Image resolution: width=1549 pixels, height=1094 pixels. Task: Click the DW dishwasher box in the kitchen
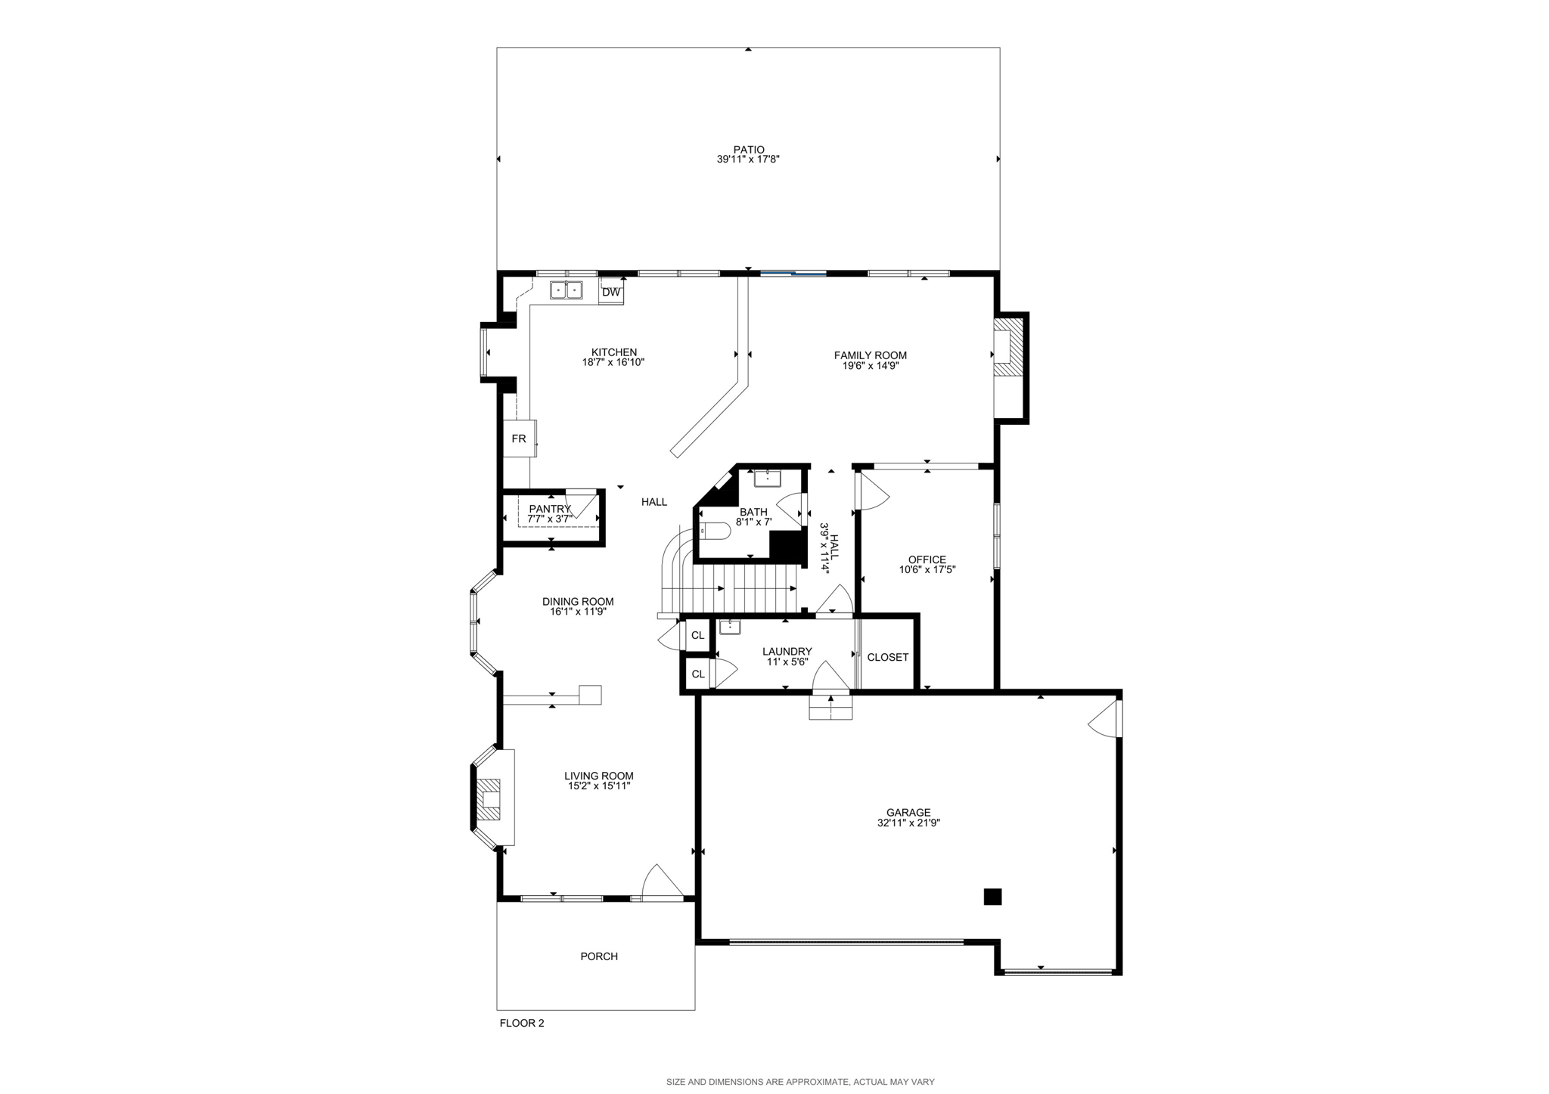click(611, 292)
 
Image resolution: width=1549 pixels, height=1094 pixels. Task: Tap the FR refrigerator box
click(519, 439)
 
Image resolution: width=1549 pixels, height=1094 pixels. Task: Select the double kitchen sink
click(567, 290)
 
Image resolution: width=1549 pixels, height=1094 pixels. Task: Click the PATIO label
click(748, 150)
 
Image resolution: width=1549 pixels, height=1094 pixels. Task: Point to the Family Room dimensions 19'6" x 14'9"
click(871, 366)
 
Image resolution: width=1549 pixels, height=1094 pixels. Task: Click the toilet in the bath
click(713, 532)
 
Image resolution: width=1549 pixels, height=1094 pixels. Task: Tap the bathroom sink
click(768, 478)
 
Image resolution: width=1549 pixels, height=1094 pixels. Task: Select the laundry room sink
click(730, 627)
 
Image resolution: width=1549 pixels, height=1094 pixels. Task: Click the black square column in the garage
click(992, 897)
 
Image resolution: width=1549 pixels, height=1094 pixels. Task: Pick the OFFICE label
click(927, 559)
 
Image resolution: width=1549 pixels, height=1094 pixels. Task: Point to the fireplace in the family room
click(1007, 347)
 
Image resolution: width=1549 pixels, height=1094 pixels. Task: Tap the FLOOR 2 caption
click(522, 1024)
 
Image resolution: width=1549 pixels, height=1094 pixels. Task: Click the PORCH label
click(599, 956)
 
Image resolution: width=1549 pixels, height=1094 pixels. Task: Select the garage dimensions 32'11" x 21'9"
click(908, 823)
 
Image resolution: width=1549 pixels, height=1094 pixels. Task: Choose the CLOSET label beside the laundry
click(888, 658)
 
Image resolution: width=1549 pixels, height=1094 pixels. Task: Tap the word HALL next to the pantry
click(654, 502)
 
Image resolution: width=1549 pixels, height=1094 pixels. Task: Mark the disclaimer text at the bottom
click(800, 1082)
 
